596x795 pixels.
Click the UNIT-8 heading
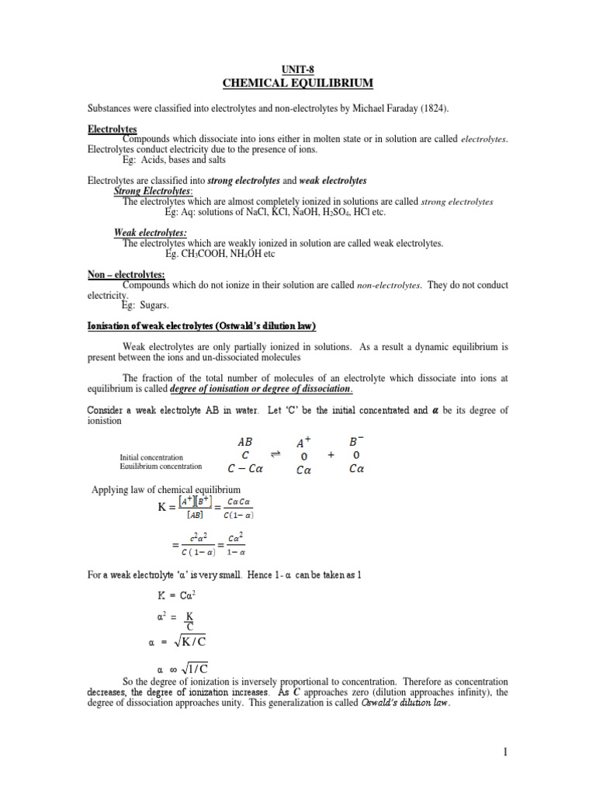tap(298, 69)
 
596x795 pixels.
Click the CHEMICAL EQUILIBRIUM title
tap(298, 83)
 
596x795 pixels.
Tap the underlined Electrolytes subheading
tap(113, 128)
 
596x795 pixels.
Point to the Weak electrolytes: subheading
tap(150, 232)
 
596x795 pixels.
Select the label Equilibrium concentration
tap(161, 467)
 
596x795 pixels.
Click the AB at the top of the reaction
tap(244, 439)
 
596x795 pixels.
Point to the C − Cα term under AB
tap(244, 469)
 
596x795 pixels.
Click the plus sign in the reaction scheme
tap(331, 456)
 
